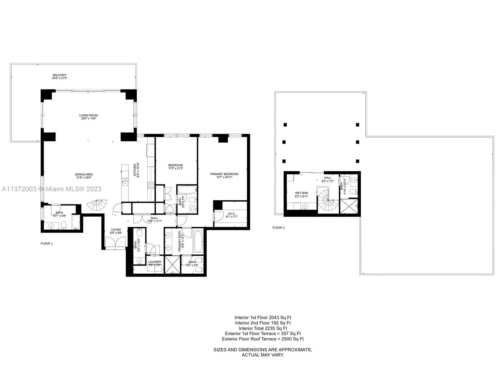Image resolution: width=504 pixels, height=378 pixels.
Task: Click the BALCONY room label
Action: (60, 75)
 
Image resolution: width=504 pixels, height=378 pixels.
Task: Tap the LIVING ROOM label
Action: (89, 115)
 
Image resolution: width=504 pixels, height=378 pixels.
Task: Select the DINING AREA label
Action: (84, 175)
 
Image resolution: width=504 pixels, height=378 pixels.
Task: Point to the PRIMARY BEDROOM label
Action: (224, 174)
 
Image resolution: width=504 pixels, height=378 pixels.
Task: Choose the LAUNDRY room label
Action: (155, 262)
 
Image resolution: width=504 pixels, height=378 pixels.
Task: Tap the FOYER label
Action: (116, 230)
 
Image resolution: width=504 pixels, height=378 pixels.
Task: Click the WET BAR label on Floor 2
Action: (301, 193)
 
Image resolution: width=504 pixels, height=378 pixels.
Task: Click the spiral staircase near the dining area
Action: (97, 205)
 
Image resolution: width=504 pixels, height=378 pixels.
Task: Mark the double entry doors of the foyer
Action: (115, 243)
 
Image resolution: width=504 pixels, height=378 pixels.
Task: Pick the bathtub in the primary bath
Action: (198, 242)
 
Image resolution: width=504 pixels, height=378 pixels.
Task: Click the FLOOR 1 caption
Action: (47, 243)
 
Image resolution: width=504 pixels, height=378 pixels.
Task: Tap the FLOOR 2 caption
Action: (278, 227)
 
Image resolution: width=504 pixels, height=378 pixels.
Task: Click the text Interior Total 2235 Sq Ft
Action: (263, 328)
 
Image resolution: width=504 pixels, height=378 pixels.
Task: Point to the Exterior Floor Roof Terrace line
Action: (263, 339)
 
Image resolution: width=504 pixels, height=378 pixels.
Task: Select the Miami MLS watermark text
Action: (52, 189)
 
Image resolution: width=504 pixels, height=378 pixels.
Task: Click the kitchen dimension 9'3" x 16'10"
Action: (138, 170)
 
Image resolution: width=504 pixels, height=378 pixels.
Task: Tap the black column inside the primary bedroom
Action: (223, 138)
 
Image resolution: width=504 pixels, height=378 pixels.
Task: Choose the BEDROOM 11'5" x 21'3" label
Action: (175, 165)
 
